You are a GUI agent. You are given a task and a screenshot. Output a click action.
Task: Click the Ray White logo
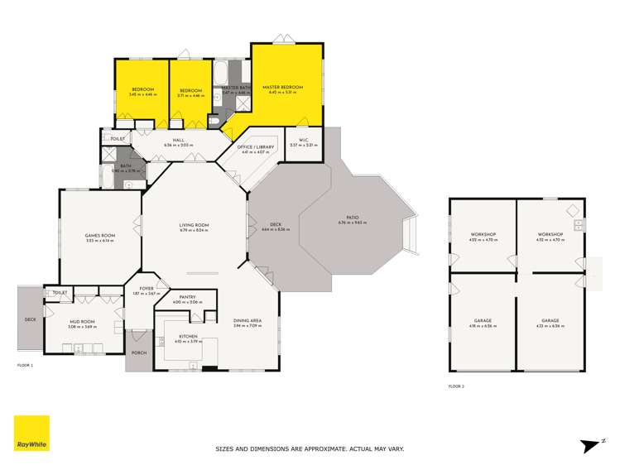click(31, 434)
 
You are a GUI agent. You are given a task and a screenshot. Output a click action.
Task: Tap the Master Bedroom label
click(282, 87)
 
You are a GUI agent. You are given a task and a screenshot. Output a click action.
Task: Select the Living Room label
click(195, 225)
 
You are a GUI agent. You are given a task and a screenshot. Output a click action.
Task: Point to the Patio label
click(353, 218)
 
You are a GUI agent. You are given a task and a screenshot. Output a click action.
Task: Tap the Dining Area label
click(248, 324)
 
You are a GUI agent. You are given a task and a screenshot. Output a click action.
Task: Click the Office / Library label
click(257, 146)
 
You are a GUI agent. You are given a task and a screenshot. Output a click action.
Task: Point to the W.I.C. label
click(296, 140)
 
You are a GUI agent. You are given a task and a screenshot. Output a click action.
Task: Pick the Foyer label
click(147, 289)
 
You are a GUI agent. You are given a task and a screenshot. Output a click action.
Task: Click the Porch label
click(138, 352)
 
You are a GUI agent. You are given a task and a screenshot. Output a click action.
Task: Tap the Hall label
click(178, 140)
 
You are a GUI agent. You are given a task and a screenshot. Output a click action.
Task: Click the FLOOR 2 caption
click(457, 386)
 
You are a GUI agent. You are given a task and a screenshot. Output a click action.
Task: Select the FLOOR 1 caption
click(26, 364)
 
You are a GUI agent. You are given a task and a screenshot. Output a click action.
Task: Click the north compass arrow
click(590, 445)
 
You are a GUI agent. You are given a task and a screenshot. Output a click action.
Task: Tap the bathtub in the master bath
click(221, 77)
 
